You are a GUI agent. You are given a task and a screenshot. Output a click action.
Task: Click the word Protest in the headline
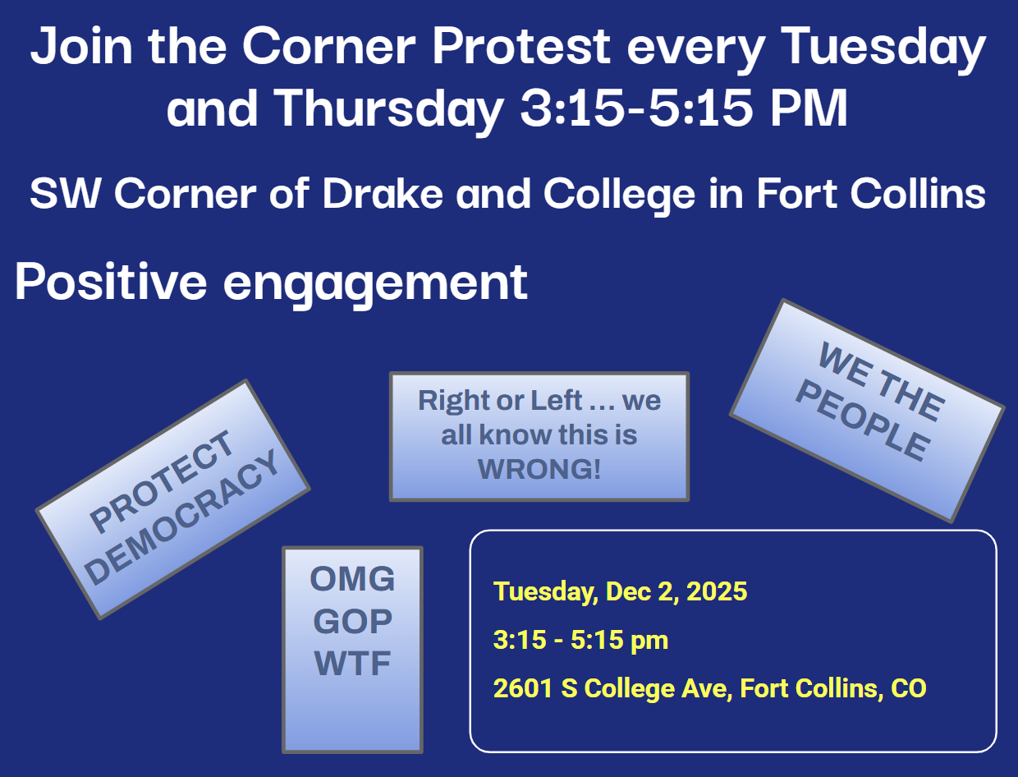(520, 46)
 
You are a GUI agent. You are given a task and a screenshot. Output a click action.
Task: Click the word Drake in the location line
(383, 193)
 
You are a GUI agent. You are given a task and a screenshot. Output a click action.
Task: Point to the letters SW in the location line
(65, 193)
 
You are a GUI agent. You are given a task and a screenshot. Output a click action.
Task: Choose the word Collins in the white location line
(918, 193)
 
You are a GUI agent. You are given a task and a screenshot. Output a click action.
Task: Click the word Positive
(111, 281)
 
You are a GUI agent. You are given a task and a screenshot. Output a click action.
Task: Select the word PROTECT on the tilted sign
(162, 481)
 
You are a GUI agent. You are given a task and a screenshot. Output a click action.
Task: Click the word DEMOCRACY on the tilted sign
(183, 517)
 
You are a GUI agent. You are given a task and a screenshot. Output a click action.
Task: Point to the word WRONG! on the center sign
(539, 470)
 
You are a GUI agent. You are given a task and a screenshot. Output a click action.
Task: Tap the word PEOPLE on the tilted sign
(863, 421)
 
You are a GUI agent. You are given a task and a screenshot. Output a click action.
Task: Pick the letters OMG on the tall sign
(352, 579)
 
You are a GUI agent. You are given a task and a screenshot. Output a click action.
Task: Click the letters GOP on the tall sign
(352, 621)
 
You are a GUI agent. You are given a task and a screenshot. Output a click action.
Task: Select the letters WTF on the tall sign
(352, 664)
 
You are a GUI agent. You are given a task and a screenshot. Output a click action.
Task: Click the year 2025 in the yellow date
(717, 591)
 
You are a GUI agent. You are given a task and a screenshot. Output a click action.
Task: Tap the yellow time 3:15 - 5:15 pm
(580, 640)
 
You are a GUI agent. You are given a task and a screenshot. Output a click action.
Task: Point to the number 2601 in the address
(523, 688)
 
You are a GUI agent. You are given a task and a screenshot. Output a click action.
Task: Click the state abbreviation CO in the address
(909, 688)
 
